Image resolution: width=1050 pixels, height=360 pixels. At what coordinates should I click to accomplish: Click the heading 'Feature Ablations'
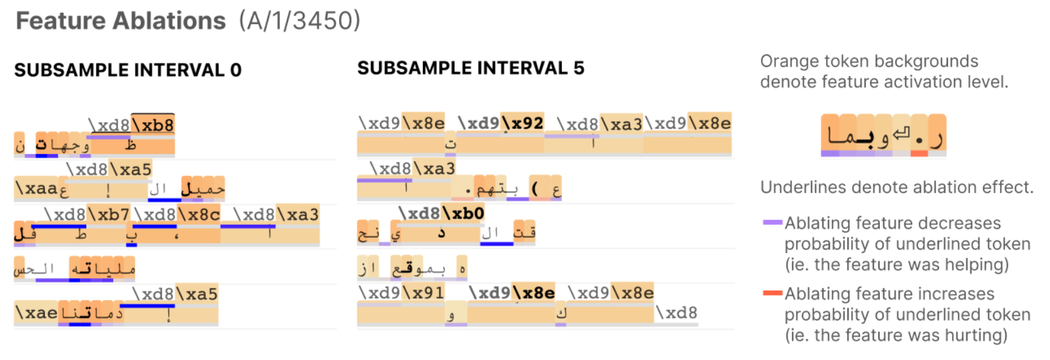tap(121, 21)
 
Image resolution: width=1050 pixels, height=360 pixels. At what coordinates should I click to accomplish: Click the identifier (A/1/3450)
tap(299, 21)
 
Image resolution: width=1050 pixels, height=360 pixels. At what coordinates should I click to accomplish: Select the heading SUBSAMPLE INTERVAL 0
tap(128, 70)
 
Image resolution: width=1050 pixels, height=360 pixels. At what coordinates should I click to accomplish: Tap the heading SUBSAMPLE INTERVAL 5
tap(470, 68)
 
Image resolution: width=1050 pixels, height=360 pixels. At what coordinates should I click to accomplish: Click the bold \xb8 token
tap(153, 124)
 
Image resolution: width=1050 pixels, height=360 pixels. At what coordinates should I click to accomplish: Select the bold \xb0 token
tap(463, 213)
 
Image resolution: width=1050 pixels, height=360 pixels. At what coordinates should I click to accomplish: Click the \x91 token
tap(423, 292)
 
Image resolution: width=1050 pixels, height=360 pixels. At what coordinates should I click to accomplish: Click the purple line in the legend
tap(772, 223)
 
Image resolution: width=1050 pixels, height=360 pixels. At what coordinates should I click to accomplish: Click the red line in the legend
tap(772, 294)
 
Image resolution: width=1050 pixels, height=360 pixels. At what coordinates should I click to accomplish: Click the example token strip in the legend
tap(883, 135)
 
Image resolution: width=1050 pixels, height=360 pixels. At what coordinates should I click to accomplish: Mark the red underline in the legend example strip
tap(919, 154)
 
